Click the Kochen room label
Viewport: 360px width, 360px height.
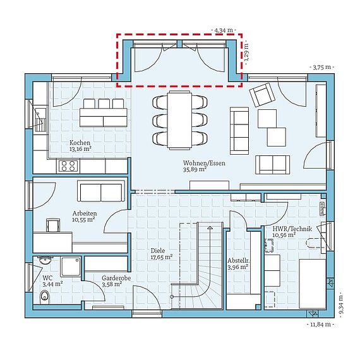[80, 143]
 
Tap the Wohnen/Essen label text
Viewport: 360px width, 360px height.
[204, 163]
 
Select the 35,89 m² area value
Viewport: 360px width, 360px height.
[195, 170]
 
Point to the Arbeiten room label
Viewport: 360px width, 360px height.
[85, 213]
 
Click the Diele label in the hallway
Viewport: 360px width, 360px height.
[158, 251]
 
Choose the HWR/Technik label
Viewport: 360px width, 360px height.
[292, 229]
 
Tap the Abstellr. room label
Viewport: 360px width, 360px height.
[239, 261]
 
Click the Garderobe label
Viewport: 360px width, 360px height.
[116, 278]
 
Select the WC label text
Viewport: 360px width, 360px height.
[47, 278]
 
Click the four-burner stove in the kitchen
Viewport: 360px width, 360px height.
[68, 166]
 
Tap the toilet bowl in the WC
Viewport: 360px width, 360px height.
[45, 297]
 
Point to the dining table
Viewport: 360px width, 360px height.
[179, 120]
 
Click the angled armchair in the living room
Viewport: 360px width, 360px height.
[263, 95]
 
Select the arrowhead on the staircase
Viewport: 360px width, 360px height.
[210, 228]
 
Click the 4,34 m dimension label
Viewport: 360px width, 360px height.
[224, 30]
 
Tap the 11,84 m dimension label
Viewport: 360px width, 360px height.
[320, 325]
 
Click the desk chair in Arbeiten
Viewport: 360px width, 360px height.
[53, 225]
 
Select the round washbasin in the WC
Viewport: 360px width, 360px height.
[45, 261]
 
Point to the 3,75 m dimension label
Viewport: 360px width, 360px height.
[322, 68]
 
